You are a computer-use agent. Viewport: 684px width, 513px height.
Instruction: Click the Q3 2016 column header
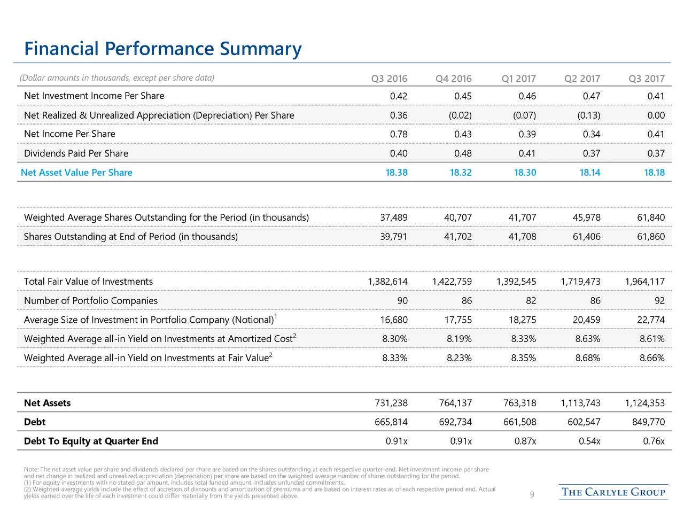[389, 79]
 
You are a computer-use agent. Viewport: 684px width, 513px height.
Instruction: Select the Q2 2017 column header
[582, 79]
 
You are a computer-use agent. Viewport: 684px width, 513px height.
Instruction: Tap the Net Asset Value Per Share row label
[76, 172]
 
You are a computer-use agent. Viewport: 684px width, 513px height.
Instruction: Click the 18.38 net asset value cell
[397, 172]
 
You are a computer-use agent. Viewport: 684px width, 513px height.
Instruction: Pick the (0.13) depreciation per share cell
[588, 115]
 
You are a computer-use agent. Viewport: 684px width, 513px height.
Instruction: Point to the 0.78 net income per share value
[399, 134]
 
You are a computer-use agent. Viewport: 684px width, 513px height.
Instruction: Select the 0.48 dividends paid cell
[463, 153]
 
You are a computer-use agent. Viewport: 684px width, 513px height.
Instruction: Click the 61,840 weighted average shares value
[651, 217]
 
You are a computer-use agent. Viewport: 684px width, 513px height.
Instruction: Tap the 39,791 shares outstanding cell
[393, 237]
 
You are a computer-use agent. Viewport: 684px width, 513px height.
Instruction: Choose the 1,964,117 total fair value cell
[645, 282]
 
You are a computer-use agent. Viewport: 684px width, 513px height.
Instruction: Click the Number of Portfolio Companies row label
[91, 300]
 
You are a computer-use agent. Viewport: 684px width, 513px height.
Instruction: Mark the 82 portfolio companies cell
[531, 300]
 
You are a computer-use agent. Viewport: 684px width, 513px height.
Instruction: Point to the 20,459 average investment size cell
[586, 320]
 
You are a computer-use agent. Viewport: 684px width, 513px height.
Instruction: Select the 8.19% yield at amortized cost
[459, 339]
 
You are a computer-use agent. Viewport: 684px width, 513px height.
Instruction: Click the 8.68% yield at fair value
[588, 358]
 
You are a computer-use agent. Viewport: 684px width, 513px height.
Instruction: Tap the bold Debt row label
[35, 422]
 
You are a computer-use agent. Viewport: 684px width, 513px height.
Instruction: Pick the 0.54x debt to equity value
[589, 441]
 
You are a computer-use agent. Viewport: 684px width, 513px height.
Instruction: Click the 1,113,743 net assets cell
[580, 403]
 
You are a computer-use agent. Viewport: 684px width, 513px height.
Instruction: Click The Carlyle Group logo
[613, 492]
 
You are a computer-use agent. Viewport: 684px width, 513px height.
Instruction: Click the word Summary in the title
[261, 49]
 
